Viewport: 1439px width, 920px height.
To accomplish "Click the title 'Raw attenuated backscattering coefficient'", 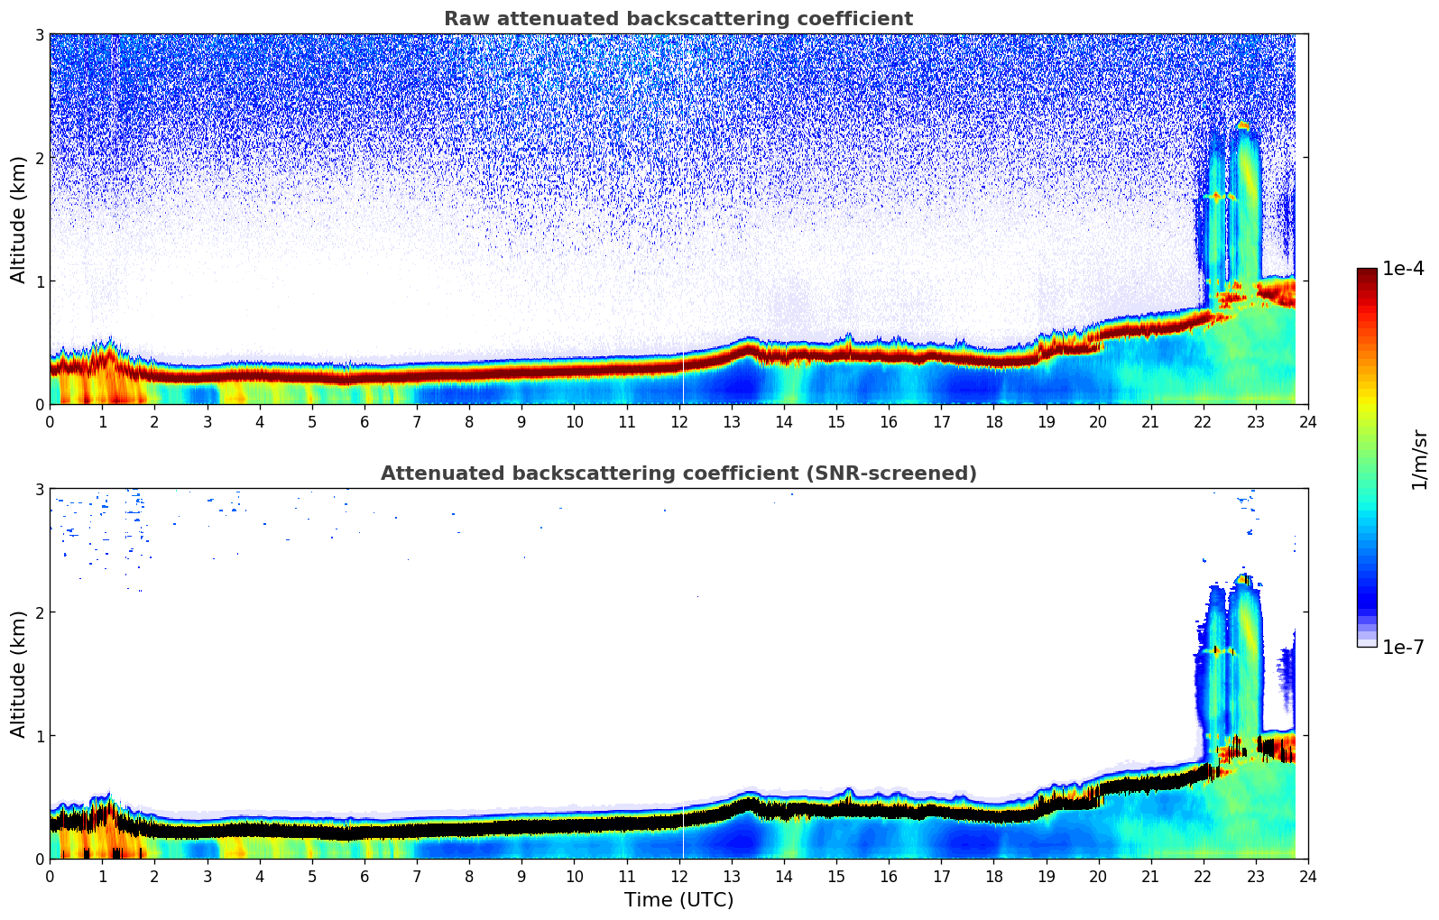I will click(x=678, y=19).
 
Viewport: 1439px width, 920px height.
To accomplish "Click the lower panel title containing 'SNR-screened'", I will click(x=678, y=474).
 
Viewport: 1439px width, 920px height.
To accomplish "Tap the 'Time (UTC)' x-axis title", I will click(x=678, y=900).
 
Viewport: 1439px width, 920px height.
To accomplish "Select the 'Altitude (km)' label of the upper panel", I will click(x=18, y=219).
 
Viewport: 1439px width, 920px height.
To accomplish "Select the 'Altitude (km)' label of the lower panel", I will click(x=18, y=674).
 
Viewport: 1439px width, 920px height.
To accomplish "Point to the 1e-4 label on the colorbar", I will click(x=1403, y=269).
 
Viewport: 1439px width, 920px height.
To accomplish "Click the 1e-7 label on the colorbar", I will click(x=1403, y=647).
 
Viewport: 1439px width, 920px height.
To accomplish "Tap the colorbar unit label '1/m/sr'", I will click(x=1419, y=459).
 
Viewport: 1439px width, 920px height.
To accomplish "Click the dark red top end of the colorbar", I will click(x=1366, y=272).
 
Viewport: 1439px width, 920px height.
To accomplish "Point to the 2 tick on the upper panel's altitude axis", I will click(x=39, y=158).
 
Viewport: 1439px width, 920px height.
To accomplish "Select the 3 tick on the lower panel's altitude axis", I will click(x=39, y=489).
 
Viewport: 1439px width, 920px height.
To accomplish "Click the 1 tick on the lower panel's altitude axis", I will click(x=39, y=736).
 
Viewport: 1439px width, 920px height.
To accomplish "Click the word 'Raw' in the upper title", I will click(x=463, y=19).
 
